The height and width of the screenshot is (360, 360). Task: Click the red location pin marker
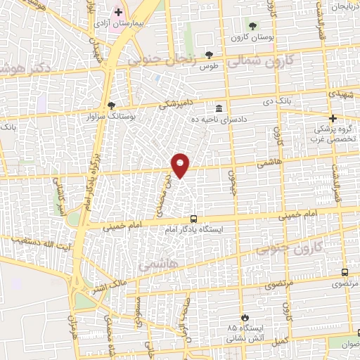pyautogui.click(x=181, y=165)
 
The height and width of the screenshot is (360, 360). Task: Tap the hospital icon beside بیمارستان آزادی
pyautogui.click(x=119, y=13)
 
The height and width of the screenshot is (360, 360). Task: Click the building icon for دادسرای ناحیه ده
pyautogui.click(x=219, y=108)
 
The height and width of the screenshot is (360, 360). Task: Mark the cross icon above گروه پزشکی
pyautogui.click(x=333, y=119)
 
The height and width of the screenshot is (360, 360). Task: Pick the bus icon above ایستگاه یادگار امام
pyautogui.click(x=193, y=219)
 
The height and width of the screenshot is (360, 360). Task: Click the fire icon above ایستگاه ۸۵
pyautogui.click(x=245, y=318)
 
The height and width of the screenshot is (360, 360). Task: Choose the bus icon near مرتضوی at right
pyautogui.click(x=344, y=272)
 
